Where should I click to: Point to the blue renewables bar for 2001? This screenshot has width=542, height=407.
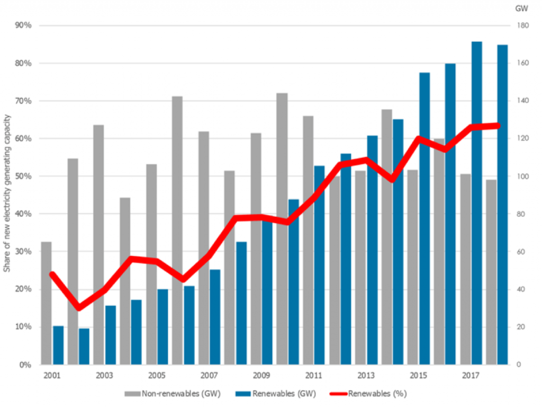tap(58, 345)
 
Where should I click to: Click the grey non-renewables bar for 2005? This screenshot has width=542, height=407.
tap(151, 264)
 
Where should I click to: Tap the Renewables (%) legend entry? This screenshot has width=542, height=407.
tap(375, 394)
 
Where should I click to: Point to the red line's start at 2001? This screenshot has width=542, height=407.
tap(52, 275)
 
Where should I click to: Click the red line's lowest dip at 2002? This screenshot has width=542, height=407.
tap(79, 308)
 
